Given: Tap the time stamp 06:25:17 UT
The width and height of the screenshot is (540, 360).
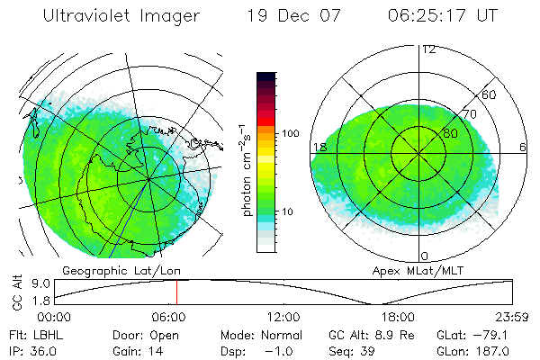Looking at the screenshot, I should tap(442, 17).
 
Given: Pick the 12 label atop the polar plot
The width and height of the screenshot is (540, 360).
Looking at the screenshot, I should tap(429, 49).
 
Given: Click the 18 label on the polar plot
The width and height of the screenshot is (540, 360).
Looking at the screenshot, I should tap(319, 147).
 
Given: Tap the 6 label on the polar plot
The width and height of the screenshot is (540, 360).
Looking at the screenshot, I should tap(522, 147).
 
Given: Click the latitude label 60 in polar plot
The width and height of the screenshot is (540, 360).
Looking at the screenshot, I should tap(490, 94).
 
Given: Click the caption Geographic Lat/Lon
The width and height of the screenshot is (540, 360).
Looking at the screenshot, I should tap(111, 270).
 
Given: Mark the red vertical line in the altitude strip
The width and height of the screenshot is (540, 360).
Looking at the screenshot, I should tap(176, 292).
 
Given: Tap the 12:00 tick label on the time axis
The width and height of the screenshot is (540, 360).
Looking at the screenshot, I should tap(284, 318).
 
